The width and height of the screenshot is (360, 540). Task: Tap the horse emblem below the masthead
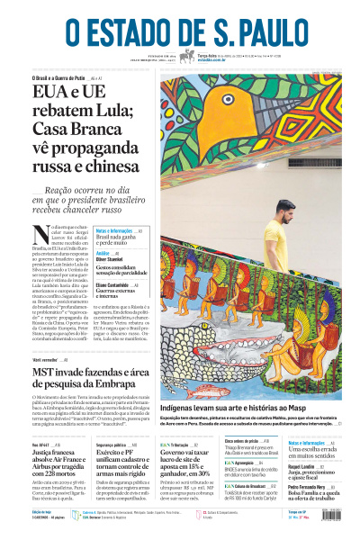tap(187, 57)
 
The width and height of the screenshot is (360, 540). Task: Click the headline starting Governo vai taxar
tap(188, 457)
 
